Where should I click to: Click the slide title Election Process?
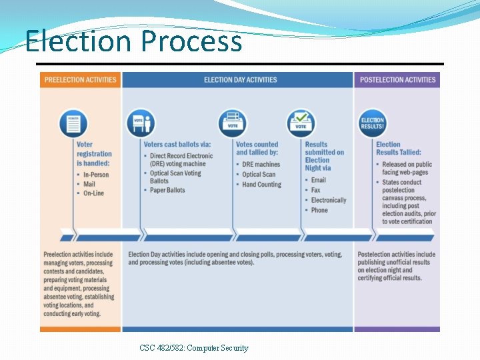133,41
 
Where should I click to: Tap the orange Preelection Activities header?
80,80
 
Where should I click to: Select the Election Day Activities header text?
240,80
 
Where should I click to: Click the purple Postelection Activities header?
397,80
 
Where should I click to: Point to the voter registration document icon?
73,123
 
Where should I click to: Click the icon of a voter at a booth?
140,123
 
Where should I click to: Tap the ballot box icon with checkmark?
301,123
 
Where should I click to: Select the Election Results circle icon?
373,123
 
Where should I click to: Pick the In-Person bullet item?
95,175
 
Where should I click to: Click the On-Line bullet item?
94,193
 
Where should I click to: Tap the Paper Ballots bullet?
167,190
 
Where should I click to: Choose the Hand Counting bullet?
261,185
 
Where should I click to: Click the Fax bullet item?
315,190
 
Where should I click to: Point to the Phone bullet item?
319,210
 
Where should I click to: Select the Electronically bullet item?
329,200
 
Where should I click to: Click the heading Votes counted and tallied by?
257,148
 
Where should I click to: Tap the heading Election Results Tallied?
398,148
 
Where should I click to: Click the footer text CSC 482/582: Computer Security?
194,347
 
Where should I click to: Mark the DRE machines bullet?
261,165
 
